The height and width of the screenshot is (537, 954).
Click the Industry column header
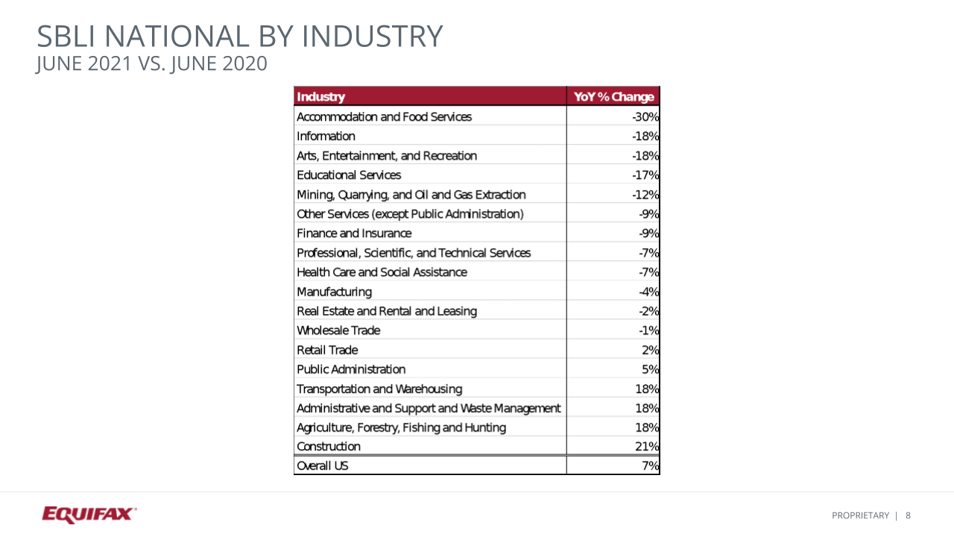(321, 97)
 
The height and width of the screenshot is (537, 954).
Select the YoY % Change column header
(613, 97)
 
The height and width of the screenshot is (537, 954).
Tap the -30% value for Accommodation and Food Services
(645, 117)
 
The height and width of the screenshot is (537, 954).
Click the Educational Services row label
(349, 175)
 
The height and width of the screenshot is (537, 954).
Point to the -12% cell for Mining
(645, 195)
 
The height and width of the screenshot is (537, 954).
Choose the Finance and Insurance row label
(354, 233)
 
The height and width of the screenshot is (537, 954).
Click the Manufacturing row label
(334, 292)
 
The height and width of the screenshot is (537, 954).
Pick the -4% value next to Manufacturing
(648, 292)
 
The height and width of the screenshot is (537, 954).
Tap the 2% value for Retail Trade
(650, 350)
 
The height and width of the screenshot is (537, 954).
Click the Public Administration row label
(351, 369)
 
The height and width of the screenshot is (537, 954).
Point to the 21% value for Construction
(647, 447)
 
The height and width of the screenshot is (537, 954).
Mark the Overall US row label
(323, 466)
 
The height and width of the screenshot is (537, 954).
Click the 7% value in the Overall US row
(650, 466)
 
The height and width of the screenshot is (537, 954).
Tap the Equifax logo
(89, 515)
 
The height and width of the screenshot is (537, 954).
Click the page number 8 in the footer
(909, 515)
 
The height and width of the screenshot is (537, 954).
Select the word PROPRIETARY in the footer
(860, 515)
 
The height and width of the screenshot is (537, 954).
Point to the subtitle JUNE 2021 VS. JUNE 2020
(151, 64)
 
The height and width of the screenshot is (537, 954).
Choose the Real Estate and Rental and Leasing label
(387, 311)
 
